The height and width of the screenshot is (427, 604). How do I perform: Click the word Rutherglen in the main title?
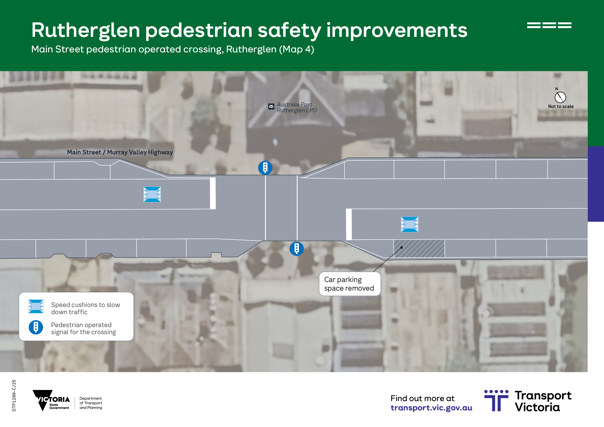[86, 30]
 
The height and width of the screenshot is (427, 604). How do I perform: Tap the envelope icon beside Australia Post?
[271, 107]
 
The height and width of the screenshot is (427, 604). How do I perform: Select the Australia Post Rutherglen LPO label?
[296, 107]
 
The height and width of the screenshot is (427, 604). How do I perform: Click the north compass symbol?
[560, 97]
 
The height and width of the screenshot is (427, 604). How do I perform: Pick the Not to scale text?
[561, 107]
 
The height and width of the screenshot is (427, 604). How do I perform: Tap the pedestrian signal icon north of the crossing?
[265, 168]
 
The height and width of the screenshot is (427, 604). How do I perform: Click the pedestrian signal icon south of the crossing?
[296, 249]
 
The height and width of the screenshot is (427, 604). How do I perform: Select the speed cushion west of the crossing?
[152, 194]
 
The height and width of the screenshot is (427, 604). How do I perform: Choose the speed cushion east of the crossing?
[410, 224]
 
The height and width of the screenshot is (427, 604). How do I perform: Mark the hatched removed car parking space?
[419, 248]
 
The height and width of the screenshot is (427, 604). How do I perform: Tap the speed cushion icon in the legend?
[36, 306]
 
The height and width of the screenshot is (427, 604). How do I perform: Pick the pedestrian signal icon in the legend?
[36, 327]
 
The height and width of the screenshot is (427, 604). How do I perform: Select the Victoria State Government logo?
[51, 400]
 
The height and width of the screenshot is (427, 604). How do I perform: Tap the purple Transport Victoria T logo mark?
[496, 400]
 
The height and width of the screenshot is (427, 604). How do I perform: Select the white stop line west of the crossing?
[213, 193]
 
